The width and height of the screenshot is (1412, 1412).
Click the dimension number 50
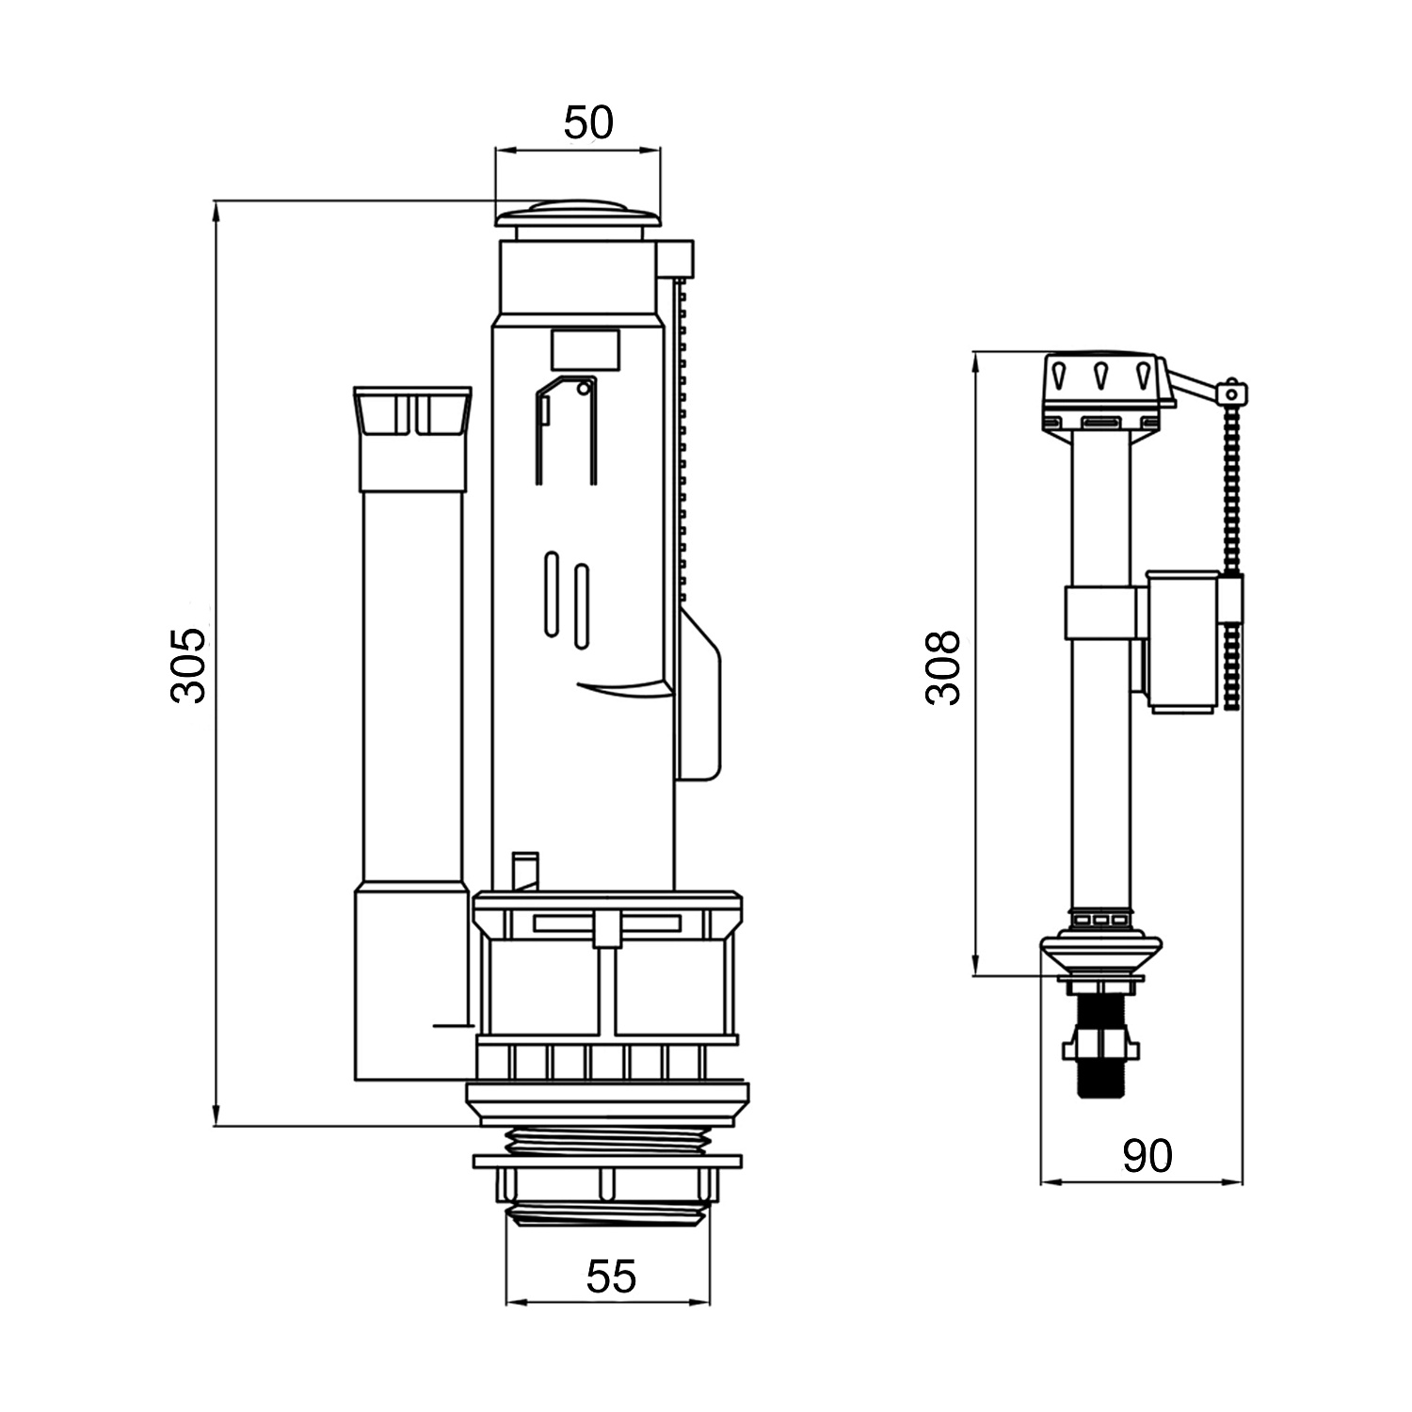tap(588, 122)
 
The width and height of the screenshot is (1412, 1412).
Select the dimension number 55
tap(611, 1276)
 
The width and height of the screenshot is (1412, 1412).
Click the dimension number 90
tap(1147, 1156)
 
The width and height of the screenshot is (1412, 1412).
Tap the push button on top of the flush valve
tap(578, 214)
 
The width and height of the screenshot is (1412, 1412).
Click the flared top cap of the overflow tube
tap(412, 411)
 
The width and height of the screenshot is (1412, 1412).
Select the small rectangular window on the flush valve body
tap(585, 349)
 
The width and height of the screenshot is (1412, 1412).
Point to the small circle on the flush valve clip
tap(584, 387)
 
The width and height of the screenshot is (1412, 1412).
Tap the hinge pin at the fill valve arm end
tap(1230, 391)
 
